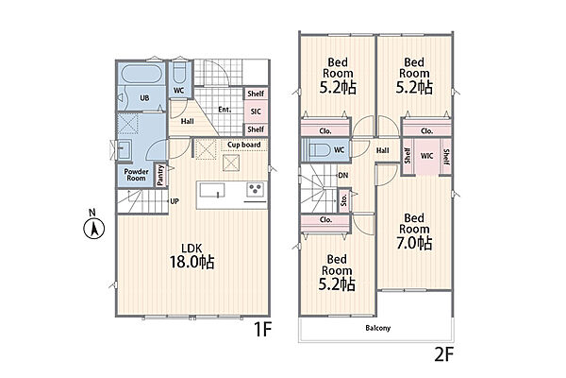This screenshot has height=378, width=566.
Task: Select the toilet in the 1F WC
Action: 179,73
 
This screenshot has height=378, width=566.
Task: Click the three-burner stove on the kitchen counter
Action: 256,190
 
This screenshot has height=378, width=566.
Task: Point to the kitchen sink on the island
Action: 212,190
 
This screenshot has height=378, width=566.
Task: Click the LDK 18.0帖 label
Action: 191,256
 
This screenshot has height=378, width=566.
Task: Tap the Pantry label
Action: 160,175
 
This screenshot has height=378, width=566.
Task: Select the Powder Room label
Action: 136,175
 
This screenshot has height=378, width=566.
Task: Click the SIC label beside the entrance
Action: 256,112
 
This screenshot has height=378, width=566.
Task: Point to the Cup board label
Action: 243,145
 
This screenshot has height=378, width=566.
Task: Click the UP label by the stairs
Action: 175,201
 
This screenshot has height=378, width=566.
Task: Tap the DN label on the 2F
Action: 343,176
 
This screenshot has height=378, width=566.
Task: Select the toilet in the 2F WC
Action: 319,149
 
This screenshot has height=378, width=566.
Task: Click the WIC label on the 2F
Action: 426,156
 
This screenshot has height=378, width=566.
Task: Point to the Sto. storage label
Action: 344,199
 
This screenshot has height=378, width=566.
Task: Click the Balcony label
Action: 377,328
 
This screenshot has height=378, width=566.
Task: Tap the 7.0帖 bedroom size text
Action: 414,243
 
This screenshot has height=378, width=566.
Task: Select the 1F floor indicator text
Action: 262,330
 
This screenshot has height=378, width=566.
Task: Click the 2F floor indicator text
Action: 443,354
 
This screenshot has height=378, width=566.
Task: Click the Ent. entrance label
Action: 225,110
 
